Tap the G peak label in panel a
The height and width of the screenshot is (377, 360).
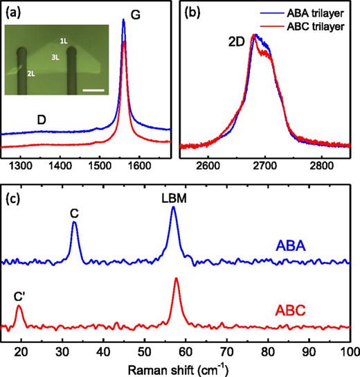coord(136,14)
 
